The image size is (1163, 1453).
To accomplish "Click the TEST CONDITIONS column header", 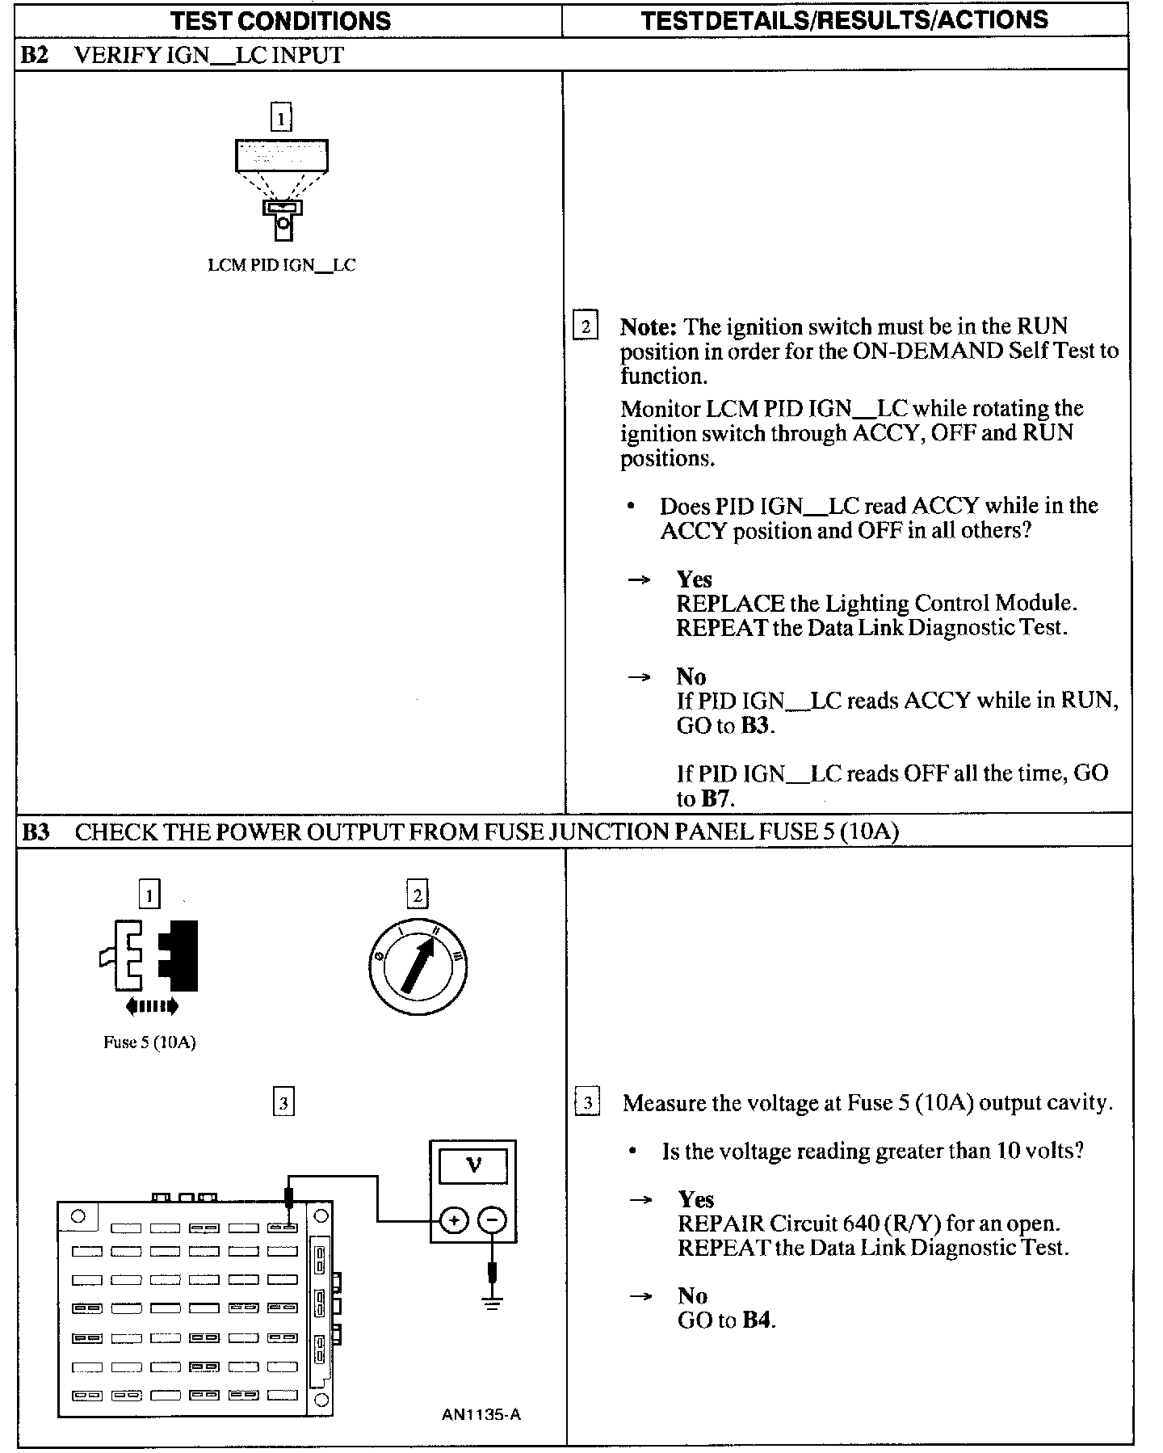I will click(x=280, y=20).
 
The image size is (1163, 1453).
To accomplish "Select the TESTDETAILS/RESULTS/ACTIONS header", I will click(x=844, y=19).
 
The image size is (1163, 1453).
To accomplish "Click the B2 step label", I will click(x=35, y=55).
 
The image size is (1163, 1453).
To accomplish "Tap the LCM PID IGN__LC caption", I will click(x=281, y=265).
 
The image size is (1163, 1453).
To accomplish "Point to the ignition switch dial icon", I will click(x=417, y=967).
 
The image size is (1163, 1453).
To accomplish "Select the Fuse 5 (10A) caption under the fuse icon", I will click(x=149, y=1042).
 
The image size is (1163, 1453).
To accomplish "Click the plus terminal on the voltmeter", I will click(x=454, y=1219).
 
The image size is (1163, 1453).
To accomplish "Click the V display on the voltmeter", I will click(x=473, y=1166).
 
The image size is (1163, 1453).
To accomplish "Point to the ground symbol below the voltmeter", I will click(x=493, y=1302).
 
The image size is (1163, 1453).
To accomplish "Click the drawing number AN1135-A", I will click(x=481, y=1414).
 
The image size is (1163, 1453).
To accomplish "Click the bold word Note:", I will click(x=648, y=327).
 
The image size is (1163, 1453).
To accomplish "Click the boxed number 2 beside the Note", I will click(x=586, y=326).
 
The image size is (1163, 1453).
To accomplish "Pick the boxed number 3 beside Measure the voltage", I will click(x=587, y=1103).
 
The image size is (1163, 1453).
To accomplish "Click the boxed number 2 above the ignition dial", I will click(x=417, y=895).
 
